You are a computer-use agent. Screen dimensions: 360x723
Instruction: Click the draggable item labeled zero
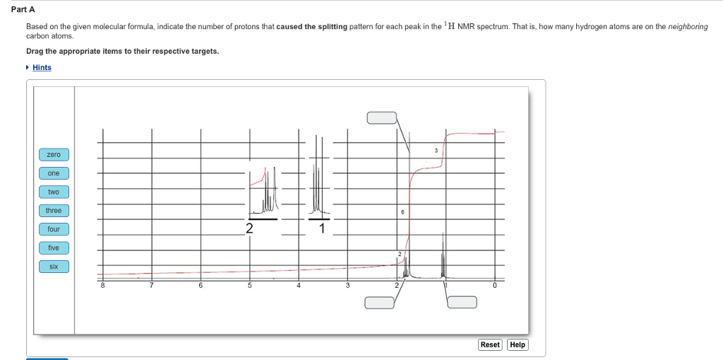tap(54, 154)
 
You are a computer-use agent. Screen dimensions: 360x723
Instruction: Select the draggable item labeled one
tap(54, 173)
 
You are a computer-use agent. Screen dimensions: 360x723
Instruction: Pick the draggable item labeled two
tap(54, 192)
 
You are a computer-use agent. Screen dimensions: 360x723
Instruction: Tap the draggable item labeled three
tap(54, 211)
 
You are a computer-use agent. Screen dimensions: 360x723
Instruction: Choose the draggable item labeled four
tap(54, 229)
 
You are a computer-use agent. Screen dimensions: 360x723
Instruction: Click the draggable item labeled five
tap(54, 248)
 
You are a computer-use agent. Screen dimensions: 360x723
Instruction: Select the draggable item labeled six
tap(54, 267)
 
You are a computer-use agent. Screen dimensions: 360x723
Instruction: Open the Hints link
tap(42, 67)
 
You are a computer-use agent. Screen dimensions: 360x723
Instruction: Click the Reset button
tap(490, 344)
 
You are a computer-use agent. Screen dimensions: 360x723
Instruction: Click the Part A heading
tap(23, 9)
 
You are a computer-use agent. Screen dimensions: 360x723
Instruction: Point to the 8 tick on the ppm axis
tap(102, 286)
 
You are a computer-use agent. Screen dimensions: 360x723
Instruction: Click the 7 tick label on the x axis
tap(151, 286)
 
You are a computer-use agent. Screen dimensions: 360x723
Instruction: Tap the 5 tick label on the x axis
tap(249, 286)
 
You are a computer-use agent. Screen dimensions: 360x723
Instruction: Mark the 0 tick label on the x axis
tap(494, 286)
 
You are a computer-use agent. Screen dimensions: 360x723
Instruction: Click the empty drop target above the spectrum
tap(381, 117)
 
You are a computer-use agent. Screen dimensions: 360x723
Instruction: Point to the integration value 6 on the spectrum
tap(402, 211)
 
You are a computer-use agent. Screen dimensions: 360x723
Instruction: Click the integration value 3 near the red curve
tap(436, 151)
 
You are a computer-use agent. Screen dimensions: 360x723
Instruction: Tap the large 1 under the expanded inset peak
tap(322, 228)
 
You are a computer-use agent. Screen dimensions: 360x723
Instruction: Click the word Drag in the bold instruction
tap(35, 51)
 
